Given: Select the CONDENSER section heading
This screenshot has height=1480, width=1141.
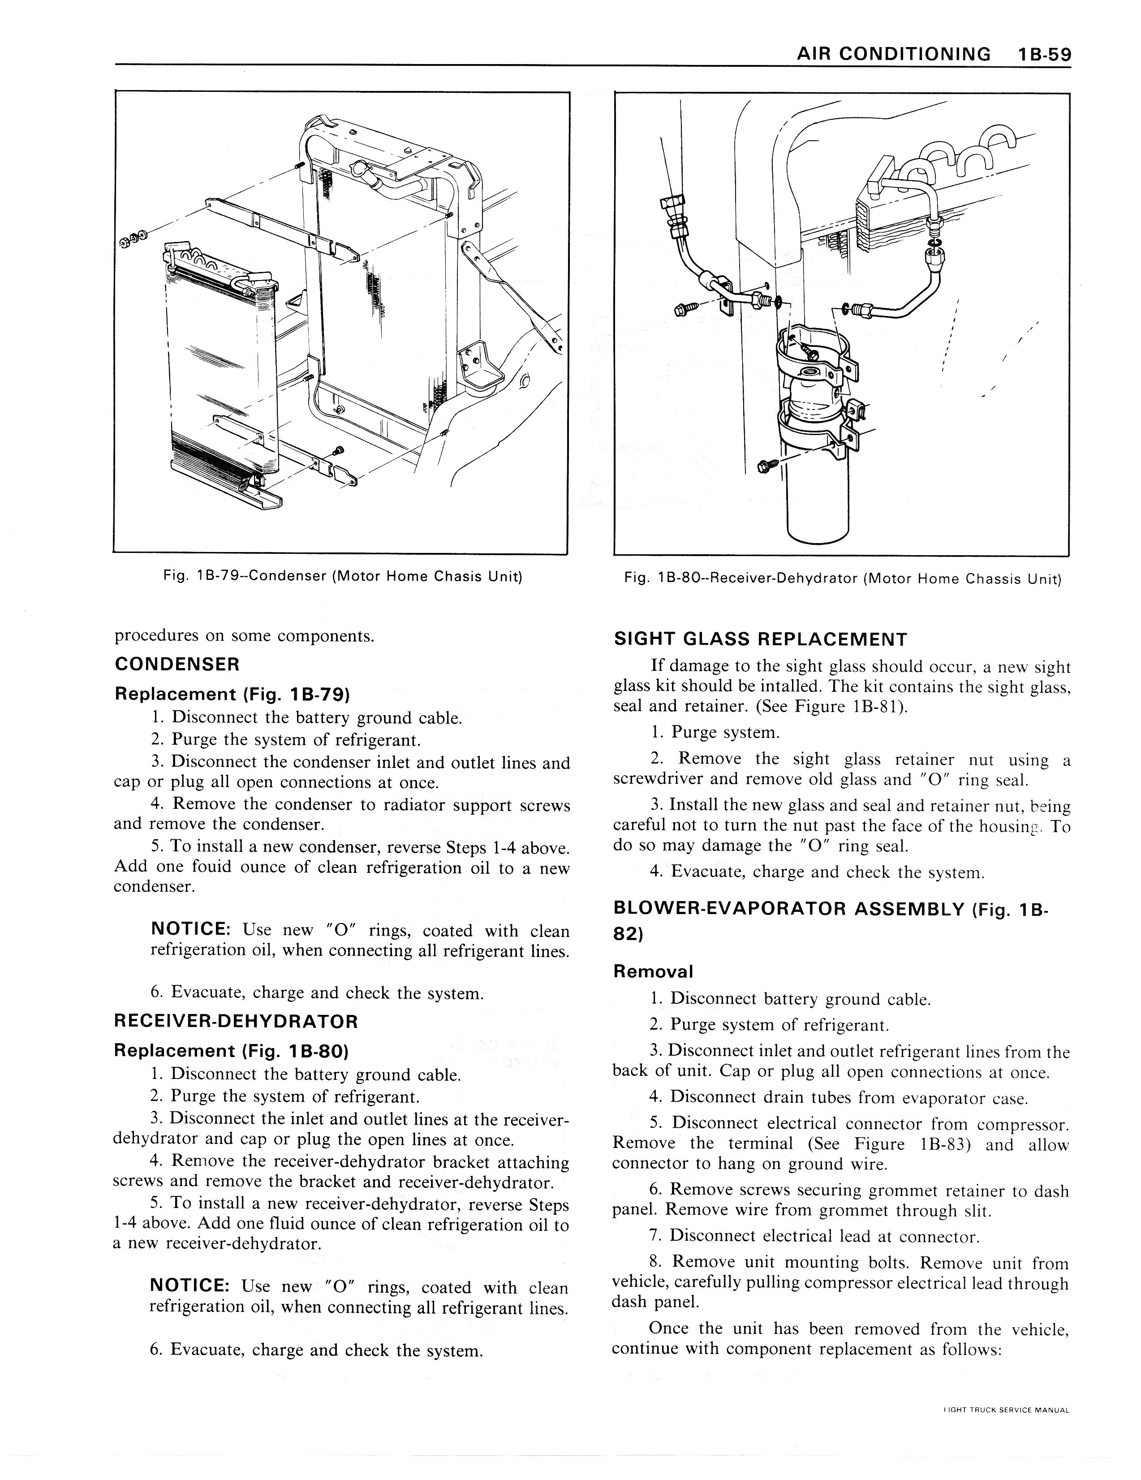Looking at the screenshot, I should coord(177,664).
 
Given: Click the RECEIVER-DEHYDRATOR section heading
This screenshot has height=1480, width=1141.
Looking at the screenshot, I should coord(236,1021).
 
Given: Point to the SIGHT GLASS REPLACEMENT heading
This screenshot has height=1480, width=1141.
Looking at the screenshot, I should coord(759,639).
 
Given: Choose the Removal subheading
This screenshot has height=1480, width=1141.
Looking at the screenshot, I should coord(653,971).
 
